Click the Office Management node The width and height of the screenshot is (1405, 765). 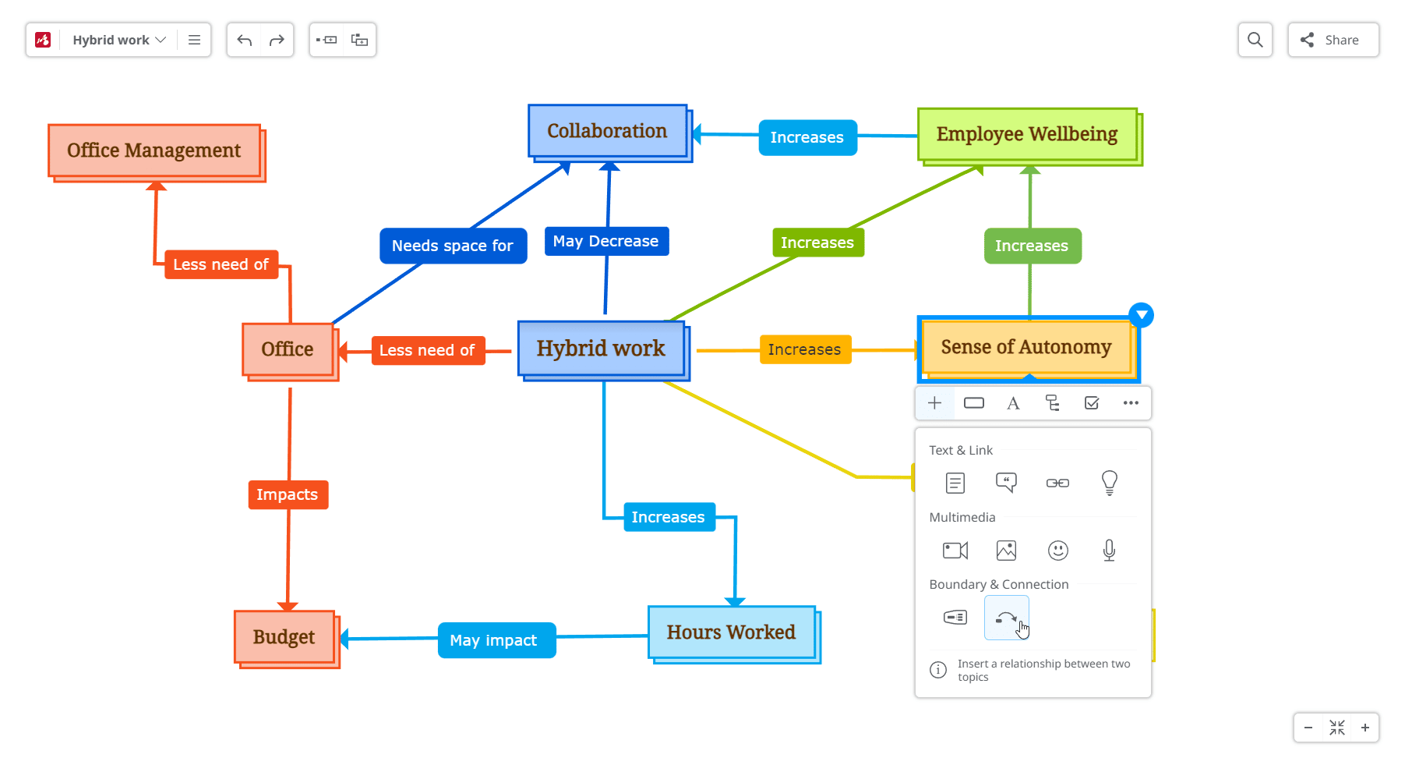click(154, 151)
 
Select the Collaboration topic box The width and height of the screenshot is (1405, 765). click(607, 131)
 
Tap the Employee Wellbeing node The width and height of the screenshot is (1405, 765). click(1026, 134)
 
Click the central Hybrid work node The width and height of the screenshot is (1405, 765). click(601, 349)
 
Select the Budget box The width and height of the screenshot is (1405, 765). click(284, 637)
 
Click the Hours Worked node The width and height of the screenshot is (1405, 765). click(731, 632)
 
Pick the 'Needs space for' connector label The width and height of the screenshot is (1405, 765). click(453, 246)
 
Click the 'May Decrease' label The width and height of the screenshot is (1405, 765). click(605, 241)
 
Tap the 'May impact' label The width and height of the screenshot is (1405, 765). click(494, 640)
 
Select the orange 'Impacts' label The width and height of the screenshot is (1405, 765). click(288, 494)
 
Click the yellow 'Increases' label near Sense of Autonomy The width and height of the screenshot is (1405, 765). click(804, 349)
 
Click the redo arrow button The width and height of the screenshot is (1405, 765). click(277, 40)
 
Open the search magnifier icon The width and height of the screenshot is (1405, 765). click(1255, 40)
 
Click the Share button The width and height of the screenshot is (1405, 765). click(1333, 40)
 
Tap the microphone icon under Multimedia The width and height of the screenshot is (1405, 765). click(1109, 551)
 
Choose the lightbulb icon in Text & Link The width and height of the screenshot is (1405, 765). click(1109, 483)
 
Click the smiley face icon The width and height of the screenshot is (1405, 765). click(1057, 551)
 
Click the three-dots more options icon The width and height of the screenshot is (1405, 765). click(1131, 403)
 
